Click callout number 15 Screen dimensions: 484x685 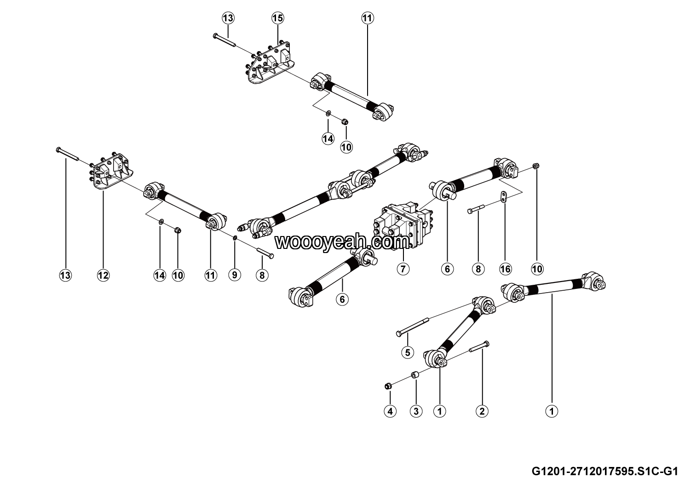(277, 18)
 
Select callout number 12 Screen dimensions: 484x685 (103, 275)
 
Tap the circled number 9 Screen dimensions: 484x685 (235, 275)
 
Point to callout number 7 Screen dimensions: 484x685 (403, 268)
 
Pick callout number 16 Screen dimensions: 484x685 (505, 268)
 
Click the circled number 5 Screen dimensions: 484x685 (408, 353)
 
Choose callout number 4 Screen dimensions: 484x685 (390, 411)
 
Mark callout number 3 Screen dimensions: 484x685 (416, 411)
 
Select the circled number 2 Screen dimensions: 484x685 (482, 411)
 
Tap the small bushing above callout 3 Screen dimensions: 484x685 (415, 375)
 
